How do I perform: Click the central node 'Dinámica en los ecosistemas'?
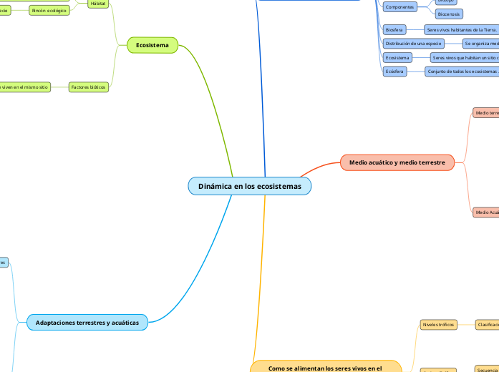(x=250, y=186)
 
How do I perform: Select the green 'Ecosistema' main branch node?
(x=152, y=45)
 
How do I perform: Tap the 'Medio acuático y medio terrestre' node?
(x=397, y=162)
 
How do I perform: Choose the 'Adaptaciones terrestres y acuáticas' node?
(x=87, y=323)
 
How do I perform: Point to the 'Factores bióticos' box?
(x=88, y=87)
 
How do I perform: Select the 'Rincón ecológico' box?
(x=49, y=11)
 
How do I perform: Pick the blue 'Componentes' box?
(x=399, y=6)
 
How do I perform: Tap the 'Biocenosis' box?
(x=449, y=14)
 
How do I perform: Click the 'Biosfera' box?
(x=394, y=29)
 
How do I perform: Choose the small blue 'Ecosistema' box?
(x=397, y=57)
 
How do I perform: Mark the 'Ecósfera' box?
(x=394, y=72)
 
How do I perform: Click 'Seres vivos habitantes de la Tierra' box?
(x=460, y=29)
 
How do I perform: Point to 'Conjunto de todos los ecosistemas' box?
(x=461, y=72)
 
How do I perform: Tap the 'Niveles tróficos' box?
(x=438, y=324)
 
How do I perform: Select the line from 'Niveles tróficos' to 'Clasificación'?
(x=465, y=324)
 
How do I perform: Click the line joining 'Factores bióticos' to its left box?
(x=59, y=87)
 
